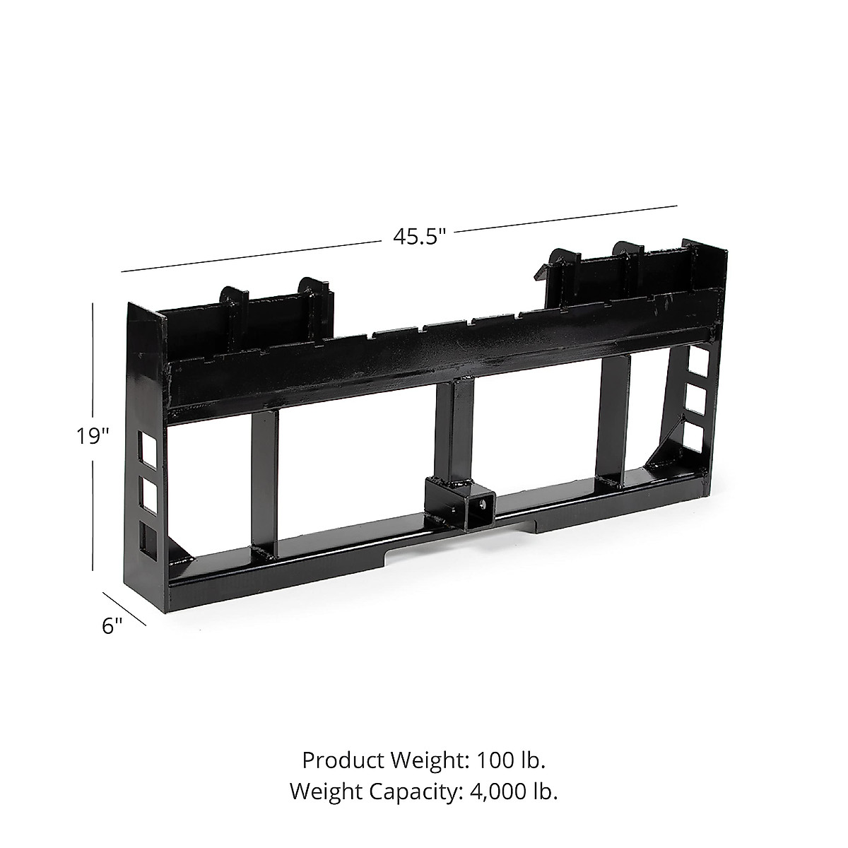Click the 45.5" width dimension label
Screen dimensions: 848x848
(420, 235)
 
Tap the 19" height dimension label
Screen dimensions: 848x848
(93, 436)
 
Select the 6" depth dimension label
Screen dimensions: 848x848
(112, 625)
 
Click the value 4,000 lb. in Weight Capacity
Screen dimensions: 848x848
(514, 791)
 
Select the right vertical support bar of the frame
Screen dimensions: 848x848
(612, 417)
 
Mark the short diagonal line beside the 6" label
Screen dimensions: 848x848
(125, 608)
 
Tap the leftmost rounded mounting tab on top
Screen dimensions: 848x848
(232, 298)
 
